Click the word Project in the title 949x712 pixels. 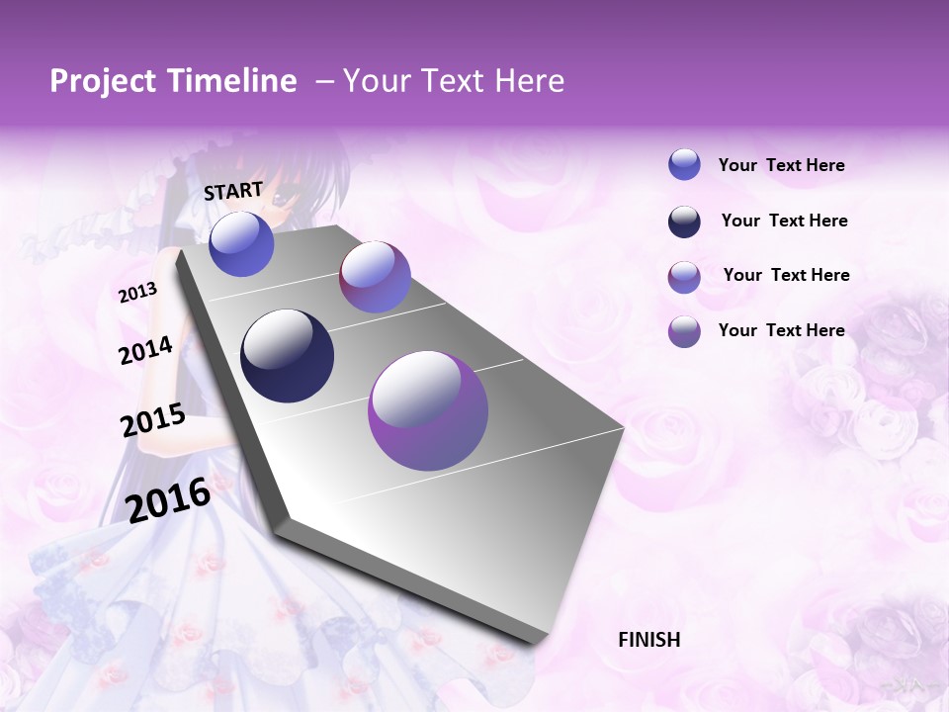(103, 82)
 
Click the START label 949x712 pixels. (233, 191)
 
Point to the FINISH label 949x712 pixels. (648, 640)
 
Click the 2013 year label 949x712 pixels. (137, 293)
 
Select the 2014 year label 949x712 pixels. (145, 350)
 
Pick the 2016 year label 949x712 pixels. (168, 500)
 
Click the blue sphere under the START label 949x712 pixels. (241, 244)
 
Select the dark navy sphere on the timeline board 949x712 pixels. (287, 356)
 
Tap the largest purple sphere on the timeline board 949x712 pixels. (428, 410)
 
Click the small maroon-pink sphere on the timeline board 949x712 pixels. (375, 277)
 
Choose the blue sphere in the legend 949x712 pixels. (684, 165)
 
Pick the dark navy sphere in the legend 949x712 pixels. (684, 222)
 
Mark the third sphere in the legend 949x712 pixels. (684, 277)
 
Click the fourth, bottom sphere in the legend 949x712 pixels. (684, 331)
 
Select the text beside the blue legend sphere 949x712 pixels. (781, 166)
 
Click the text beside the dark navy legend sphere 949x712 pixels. (784, 221)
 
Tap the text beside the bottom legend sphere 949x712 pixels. (781, 330)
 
